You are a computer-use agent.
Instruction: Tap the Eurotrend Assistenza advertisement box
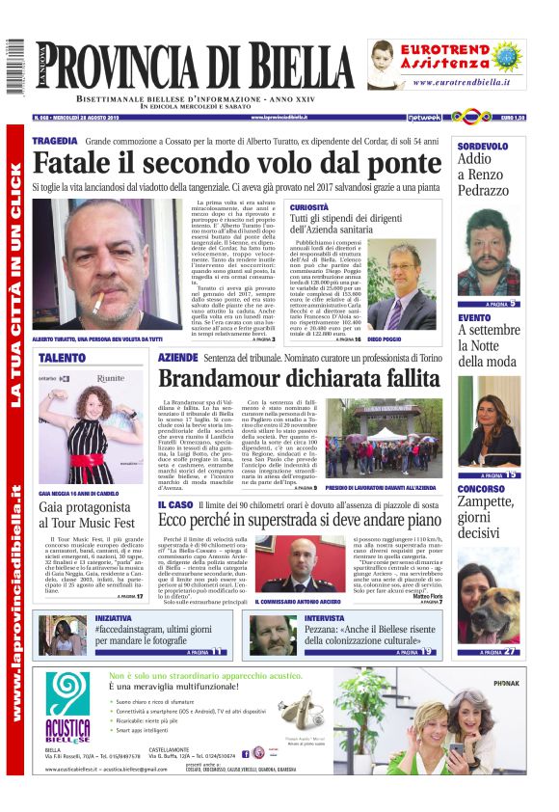point(446,65)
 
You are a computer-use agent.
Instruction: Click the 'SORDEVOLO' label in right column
point(484,146)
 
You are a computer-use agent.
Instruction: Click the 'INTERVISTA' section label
point(324,616)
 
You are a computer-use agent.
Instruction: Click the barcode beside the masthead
point(13,68)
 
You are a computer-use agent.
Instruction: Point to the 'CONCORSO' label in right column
point(482,488)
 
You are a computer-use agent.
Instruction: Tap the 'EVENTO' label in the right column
point(474,317)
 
